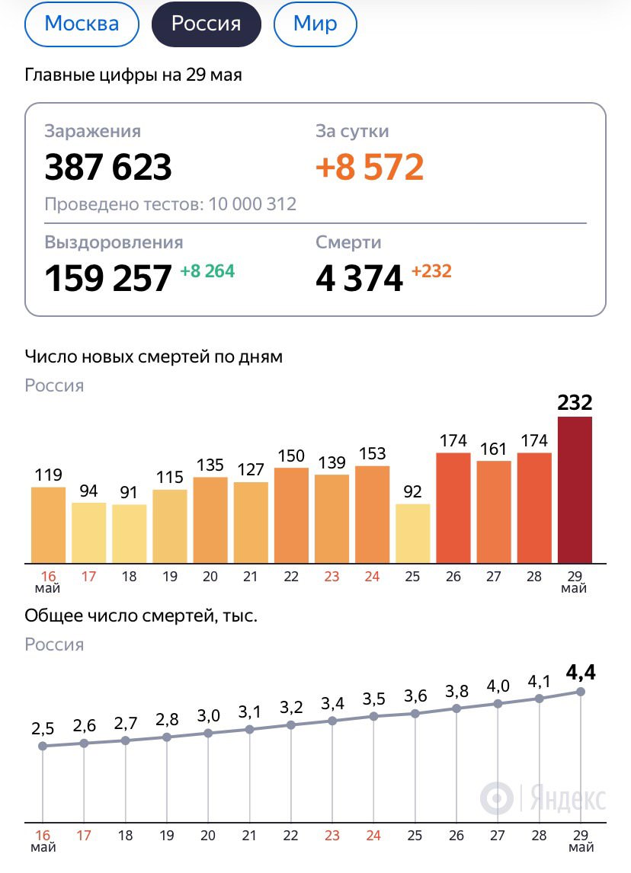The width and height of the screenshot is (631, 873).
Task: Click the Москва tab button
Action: pos(82,24)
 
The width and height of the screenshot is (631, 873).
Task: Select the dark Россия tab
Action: pos(206,24)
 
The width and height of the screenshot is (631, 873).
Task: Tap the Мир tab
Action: pos(315,24)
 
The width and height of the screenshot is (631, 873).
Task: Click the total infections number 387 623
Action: pos(108,167)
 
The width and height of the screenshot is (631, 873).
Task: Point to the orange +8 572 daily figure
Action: pos(370,167)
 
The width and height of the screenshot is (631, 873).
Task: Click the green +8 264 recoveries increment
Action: pos(207,270)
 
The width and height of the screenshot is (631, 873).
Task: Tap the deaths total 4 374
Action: pos(359,278)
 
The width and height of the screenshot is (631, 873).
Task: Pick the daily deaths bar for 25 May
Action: pos(412,533)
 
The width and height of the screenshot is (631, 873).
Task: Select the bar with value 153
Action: pos(372,514)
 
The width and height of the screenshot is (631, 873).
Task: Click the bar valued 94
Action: pos(88,532)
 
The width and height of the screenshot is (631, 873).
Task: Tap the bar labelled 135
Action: pos(210,520)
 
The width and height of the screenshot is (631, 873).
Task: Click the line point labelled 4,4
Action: pos(580,692)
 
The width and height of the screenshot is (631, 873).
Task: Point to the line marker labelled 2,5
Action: pos(43,746)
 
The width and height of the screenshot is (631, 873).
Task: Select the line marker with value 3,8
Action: pos(456,708)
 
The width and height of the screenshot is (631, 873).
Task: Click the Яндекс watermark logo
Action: pos(543,798)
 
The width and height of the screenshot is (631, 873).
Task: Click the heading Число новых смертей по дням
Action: pos(153,357)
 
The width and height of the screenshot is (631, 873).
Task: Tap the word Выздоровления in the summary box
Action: pos(114,242)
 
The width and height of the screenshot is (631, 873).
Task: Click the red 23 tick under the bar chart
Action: pos(332,577)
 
